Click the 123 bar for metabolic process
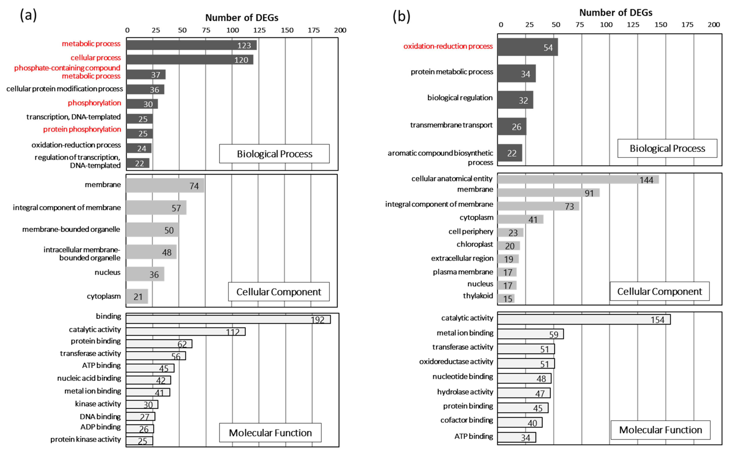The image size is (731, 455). (x=191, y=45)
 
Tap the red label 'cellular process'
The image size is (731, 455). (x=96, y=58)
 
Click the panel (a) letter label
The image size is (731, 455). (x=28, y=15)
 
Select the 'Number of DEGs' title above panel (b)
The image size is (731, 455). (x=615, y=13)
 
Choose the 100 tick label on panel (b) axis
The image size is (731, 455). (x=606, y=25)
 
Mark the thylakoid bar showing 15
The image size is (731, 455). (x=506, y=298)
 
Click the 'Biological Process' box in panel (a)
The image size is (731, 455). (x=274, y=154)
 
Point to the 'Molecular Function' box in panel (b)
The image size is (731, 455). (x=660, y=430)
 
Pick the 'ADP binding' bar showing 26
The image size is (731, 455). (x=140, y=428)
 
